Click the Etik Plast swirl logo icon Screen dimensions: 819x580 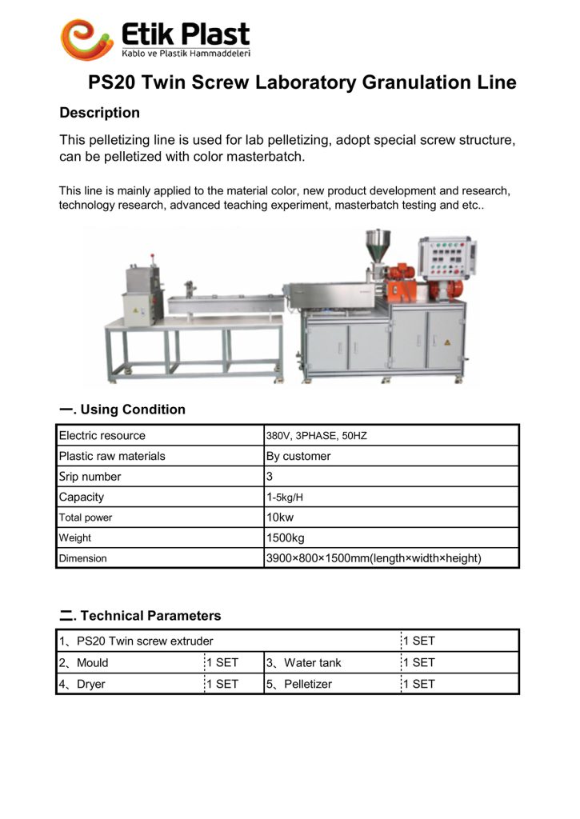86,38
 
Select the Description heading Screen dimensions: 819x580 99,113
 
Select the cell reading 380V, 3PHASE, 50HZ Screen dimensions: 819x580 316,436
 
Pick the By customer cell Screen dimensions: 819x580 298,456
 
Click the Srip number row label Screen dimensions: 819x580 90,477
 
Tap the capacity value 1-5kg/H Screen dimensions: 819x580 285,497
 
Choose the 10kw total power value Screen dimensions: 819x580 280,517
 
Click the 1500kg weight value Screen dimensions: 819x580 285,538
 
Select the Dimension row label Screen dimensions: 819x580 82,558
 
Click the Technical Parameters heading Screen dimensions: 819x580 141,616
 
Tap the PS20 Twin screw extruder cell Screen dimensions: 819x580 144,641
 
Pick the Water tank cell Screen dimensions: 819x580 312,662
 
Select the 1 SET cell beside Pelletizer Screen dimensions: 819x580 418,684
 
